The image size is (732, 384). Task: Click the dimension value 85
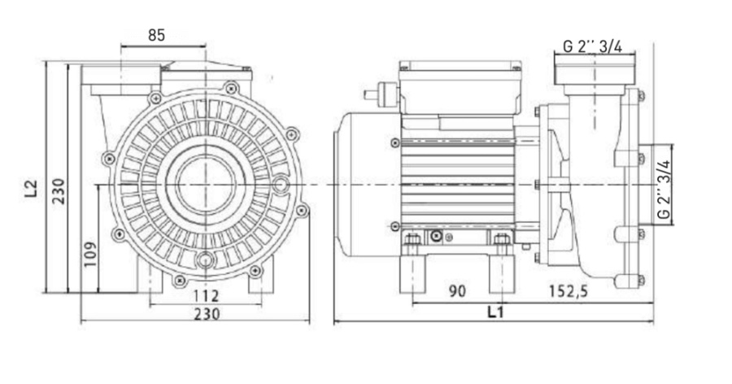159,35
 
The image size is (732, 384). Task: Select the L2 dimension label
31,188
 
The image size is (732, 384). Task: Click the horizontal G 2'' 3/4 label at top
593,46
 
